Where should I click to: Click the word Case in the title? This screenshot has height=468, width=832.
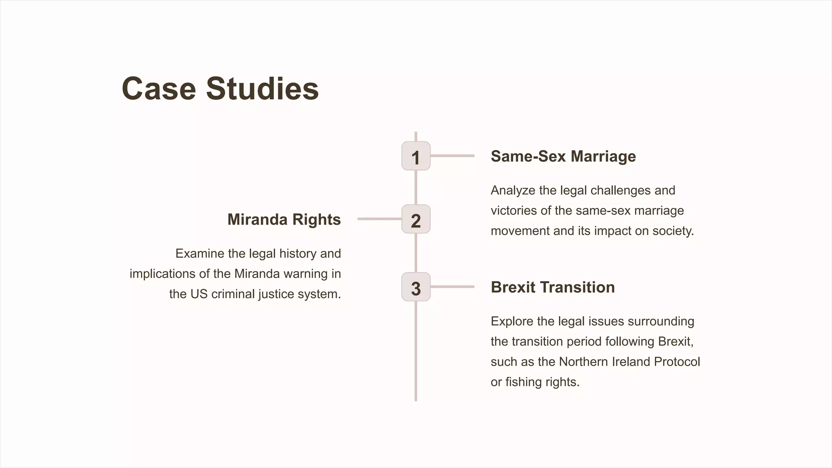tap(159, 89)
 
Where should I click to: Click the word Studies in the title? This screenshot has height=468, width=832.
tap(262, 89)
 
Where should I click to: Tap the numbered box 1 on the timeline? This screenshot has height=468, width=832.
tap(416, 156)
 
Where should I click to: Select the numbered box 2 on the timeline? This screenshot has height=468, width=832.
tap(416, 219)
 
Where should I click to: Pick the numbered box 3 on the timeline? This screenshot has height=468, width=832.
tap(416, 287)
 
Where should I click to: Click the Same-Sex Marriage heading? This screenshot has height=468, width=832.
tap(563, 156)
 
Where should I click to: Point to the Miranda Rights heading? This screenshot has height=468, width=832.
tap(284, 219)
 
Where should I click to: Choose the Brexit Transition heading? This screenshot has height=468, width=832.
tap(552, 287)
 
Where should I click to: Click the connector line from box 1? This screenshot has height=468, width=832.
tap(452, 156)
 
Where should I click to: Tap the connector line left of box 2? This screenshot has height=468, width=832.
tap(379, 219)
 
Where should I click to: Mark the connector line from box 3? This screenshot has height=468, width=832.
tap(452, 287)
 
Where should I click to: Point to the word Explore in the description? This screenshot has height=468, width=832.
tap(512, 321)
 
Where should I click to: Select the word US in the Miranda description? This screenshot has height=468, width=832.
tap(199, 294)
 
